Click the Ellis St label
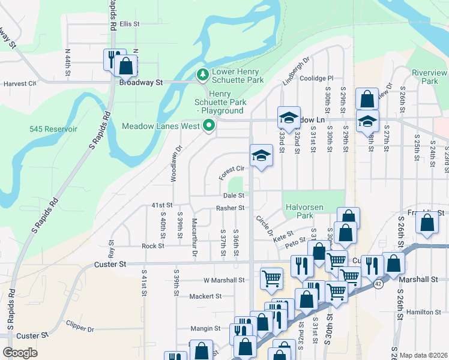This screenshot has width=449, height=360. pos(129,24)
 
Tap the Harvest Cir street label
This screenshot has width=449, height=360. pos(20,84)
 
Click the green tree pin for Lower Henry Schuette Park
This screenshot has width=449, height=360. pos(203,75)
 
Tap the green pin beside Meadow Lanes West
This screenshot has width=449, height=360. pos(209,126)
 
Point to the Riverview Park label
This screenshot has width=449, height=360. pos(429,76)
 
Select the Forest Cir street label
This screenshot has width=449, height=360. pos(231,169)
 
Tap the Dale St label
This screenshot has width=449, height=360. pos(234,195)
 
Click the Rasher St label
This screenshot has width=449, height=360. pos(231,208)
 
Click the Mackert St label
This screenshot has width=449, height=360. pos(206,296)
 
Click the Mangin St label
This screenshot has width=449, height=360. pos(206,328)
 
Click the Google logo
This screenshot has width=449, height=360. pos(20,353)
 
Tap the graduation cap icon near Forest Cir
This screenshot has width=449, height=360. pos(261,156)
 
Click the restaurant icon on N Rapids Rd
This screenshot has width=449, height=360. pos(112,59)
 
